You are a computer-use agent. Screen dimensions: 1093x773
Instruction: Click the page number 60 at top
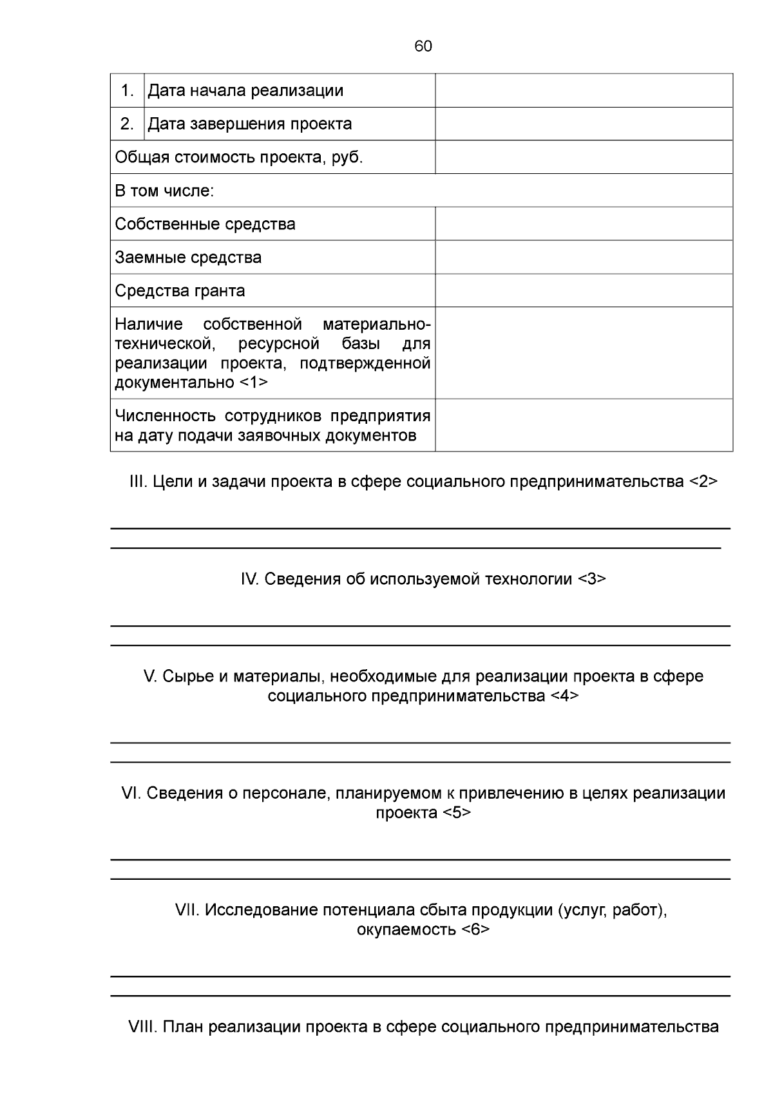point(423,46)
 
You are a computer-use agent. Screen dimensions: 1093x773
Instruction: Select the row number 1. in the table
point(128,91)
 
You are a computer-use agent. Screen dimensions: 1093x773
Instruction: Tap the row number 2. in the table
point(128,124)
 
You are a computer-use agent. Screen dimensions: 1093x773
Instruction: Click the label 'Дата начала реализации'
point(245,91)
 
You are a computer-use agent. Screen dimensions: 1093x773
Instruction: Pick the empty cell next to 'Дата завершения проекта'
point(584,124)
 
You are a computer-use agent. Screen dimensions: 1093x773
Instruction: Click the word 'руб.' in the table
point(347,157)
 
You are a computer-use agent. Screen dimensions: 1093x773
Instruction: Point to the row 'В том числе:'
point(164,191)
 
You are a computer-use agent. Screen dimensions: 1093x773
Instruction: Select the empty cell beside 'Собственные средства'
point(584,224)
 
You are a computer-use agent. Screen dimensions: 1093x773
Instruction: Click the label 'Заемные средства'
point(188,258)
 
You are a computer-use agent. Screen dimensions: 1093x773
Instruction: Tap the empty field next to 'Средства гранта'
point(584,290)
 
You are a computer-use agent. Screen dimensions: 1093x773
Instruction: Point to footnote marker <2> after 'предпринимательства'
point(703,482)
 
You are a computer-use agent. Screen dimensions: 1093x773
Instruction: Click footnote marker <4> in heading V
point(564,696)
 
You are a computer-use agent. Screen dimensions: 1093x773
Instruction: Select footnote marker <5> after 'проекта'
point(457,813)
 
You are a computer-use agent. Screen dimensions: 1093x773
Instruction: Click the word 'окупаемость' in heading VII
point(406,929)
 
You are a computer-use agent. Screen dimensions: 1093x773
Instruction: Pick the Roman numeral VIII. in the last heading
point(143,1027)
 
